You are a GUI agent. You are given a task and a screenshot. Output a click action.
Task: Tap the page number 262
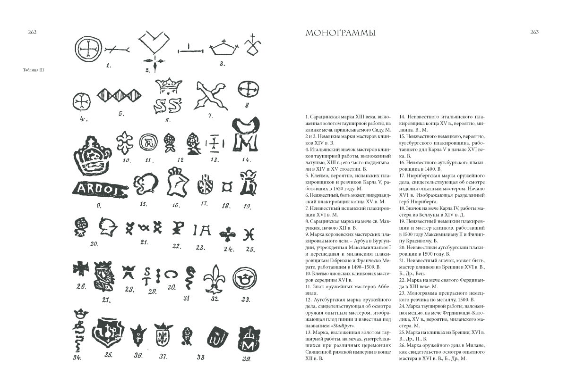(33, 32)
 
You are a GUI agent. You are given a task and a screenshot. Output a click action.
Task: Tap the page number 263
(534, 32)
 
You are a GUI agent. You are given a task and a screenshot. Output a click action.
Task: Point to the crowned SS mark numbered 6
(169, 97)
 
